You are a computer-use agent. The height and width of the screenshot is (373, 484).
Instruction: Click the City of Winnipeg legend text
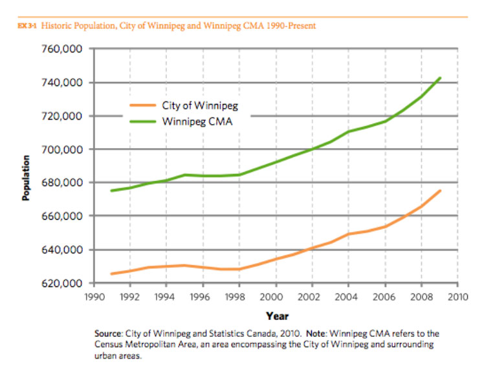[196, 105]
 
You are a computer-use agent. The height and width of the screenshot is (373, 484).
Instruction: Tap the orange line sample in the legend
[140, 105]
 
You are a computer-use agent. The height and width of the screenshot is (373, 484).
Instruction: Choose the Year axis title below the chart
[276, 316]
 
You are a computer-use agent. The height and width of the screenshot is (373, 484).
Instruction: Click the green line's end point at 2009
[440, 78]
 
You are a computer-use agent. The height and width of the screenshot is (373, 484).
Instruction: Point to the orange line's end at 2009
[440, 191]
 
